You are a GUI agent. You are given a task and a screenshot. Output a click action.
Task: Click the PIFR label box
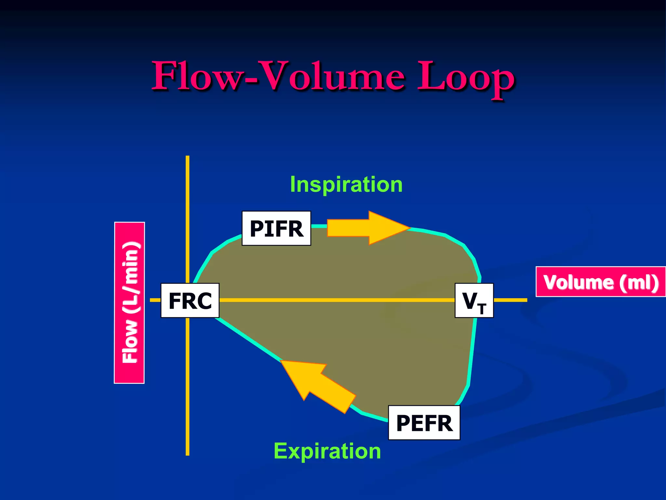coord(276,228)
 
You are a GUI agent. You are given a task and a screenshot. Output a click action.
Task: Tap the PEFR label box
coord(424,423)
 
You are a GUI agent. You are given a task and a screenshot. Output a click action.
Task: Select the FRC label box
coord(190,300)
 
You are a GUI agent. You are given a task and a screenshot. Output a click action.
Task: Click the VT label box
coord(474,300)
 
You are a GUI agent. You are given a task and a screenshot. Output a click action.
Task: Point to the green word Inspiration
coord(346,185)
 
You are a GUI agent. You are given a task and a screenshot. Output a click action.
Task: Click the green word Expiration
coord(327,451)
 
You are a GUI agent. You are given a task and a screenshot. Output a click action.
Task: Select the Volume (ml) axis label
coord(600,282)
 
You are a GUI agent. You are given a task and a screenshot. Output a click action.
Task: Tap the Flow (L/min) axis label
coord(129,303)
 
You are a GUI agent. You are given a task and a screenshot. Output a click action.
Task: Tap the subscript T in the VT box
coord(482,309)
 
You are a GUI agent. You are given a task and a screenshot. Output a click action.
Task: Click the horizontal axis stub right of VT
coord(510,300)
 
